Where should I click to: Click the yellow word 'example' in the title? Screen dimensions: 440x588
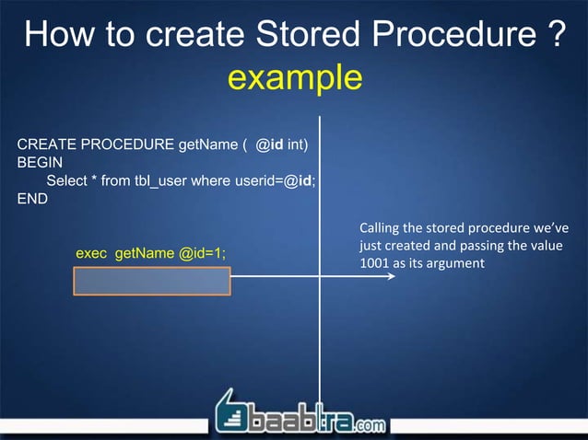(294, 77)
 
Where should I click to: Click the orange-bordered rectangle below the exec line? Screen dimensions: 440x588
(152, 281)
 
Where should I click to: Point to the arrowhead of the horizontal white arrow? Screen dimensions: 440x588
(391, 274)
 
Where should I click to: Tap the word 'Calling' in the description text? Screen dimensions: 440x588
(381, 227)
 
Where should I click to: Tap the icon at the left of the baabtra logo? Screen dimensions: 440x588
(232, 411)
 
